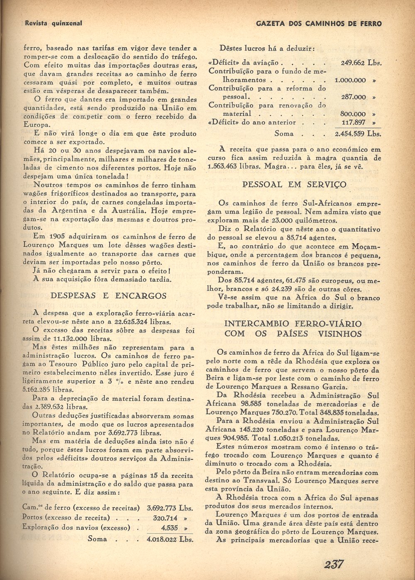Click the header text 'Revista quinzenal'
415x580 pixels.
pos(54,24)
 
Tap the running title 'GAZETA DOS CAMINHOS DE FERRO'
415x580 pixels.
pos(319,24)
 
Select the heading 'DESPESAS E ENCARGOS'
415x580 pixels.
pos(108,296)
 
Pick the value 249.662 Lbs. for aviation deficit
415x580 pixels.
pos(361,63)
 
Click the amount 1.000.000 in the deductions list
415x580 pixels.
pos(350,80)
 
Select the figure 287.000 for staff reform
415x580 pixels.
pos(353,97)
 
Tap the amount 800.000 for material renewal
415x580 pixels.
pos(353,114)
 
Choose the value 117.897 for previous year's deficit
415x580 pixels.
pos(354,122)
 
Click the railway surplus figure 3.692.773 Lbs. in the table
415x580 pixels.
pos(170,507)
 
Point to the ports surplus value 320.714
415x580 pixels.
pos(165,518)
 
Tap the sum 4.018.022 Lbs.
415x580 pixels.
pos(170,539)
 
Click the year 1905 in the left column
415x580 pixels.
pos(57,236)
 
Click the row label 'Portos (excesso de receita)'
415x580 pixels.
pos(66,518)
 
